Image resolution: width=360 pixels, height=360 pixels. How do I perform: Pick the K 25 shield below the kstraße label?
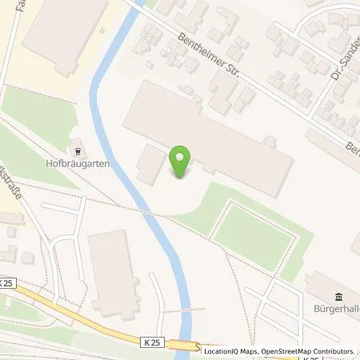pyautogui.click(x=7, y=282)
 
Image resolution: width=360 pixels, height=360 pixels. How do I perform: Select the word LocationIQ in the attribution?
pyautogui.click(x=224, y=351)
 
